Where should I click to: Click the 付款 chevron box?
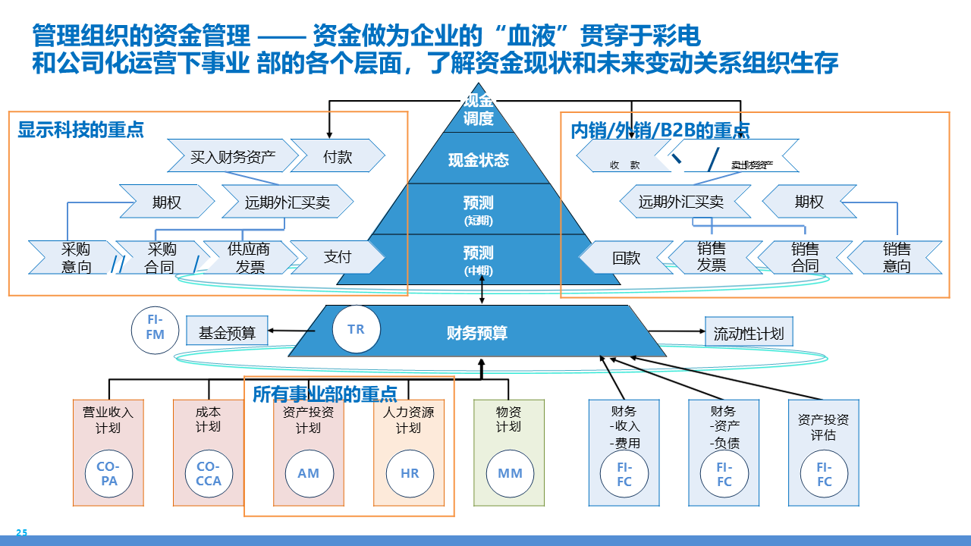(x=338, y=156)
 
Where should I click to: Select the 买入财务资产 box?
(x=232, y=156)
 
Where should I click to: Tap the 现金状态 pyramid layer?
(x=478, y=160)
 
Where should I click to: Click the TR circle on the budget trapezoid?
(x=356, y=329)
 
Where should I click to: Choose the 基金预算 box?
(x=227, y=332)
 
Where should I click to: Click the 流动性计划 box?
(x=749, y=332)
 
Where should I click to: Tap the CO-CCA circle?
(x=209, y=474)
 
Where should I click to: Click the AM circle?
(x=309, y=474)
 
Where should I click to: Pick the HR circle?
(x=410, y=474)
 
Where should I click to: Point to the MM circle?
(x=510, y=474)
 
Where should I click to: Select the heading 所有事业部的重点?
(x=325, y=394)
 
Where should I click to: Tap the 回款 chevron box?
(x=626, y=258)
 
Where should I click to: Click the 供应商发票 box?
(x=250, y=258)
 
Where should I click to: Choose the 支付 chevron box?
(x=338, y=258)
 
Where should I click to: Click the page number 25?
(x=21, y=533)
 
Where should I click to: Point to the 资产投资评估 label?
(x=823, y=428)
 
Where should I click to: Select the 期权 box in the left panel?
(x=166, y=202)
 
